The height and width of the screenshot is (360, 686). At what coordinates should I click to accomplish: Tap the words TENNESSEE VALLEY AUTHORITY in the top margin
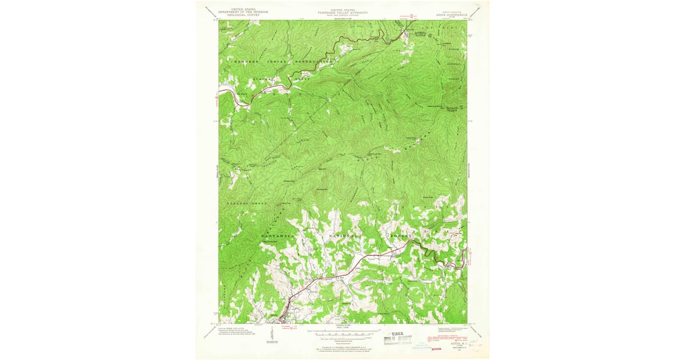click(343, 12)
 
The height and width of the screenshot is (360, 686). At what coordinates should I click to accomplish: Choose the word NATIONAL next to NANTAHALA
click(343, 235)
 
